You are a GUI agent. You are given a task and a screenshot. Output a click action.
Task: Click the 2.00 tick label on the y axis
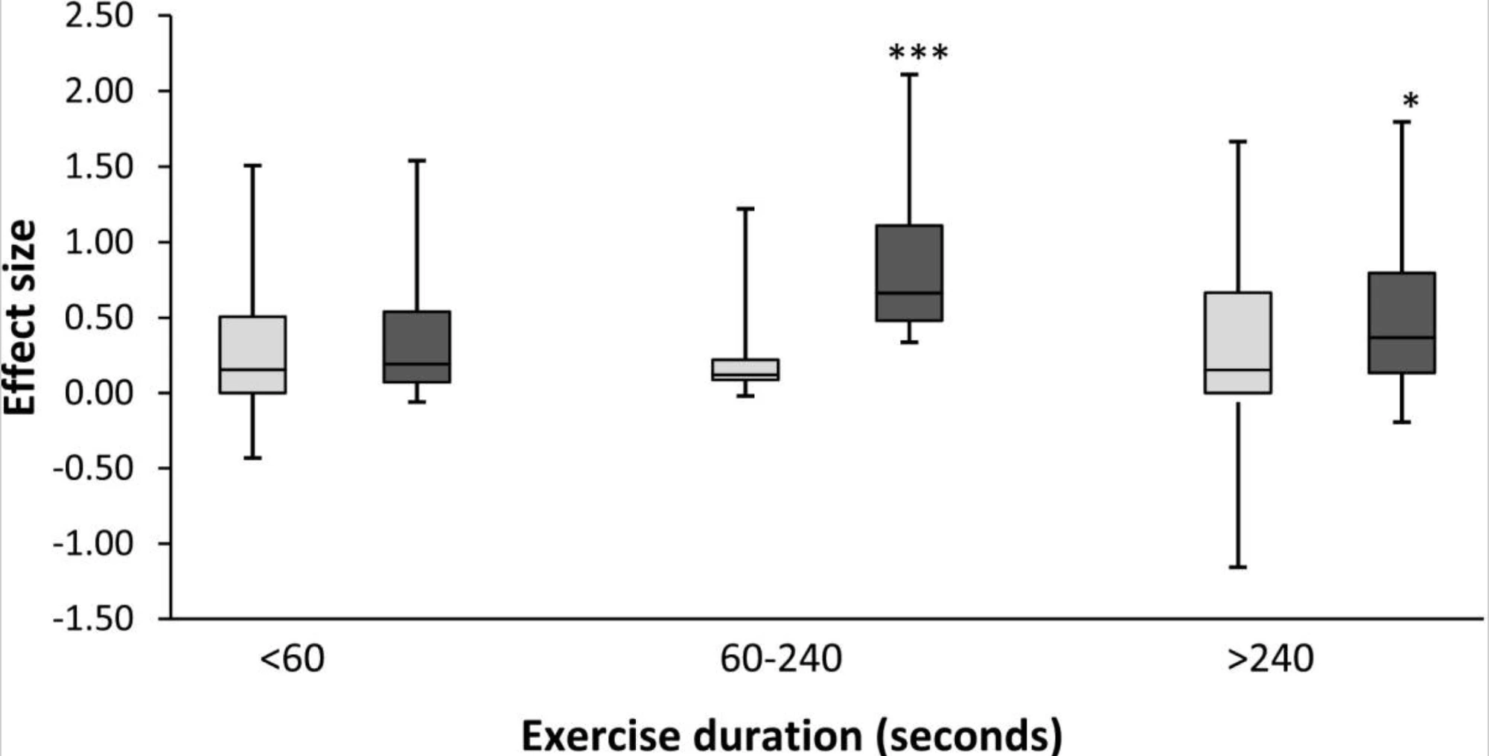[99, 92]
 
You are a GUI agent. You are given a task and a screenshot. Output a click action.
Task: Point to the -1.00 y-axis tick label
[93, 544]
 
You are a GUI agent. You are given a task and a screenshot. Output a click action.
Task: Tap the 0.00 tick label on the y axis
[99, 393]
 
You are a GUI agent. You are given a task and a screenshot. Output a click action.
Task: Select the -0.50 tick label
[93, 468]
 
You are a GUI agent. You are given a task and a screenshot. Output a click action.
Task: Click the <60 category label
[292, 659]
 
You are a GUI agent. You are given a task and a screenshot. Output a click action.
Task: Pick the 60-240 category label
[780, 659]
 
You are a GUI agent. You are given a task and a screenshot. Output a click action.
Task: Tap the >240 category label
[1270, 659]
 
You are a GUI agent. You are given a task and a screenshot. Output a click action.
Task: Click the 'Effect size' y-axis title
[21, 318]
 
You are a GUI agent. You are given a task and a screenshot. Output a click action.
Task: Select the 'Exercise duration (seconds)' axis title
[791, 736]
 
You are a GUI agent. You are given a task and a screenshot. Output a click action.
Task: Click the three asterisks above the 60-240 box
[919, 54]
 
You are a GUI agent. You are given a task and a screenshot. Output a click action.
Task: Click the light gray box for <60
[253, 355]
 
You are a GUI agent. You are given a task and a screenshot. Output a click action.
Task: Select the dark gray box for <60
[417, 347]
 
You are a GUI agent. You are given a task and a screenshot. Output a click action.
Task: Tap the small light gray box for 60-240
[745, 369]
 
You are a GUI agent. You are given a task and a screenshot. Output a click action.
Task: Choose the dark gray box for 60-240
[909, 273]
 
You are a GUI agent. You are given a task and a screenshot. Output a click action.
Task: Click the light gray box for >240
[1238, 343]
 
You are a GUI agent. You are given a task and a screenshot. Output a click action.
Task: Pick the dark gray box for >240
[1402, 323]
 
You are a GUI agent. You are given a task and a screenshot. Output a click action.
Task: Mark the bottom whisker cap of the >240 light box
[1238, 568]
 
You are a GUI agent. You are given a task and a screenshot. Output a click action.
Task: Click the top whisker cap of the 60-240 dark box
[909, 74]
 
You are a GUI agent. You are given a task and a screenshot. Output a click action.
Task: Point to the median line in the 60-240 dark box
[909, 293]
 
